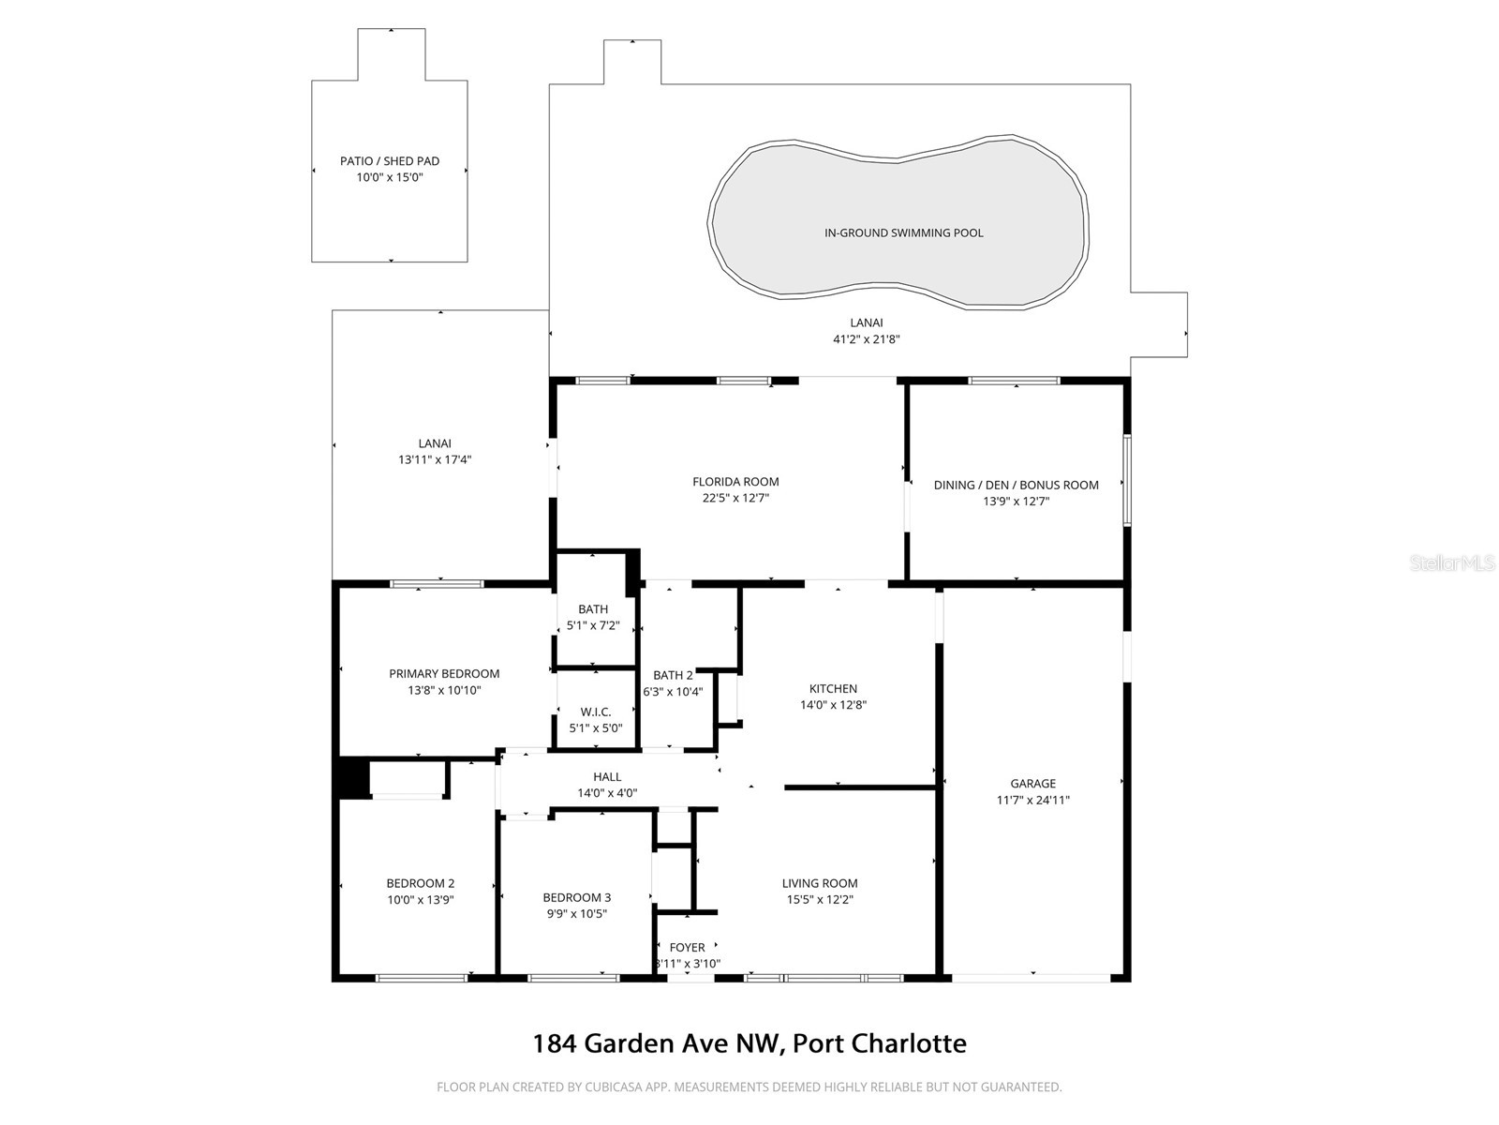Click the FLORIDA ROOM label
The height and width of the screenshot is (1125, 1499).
pyautogui.click(x=735, y=482)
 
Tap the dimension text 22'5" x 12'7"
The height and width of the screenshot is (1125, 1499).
pyautogui.click(x=735, y=499)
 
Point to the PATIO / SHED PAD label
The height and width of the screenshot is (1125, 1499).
pyautogui.click(x=390, y=161)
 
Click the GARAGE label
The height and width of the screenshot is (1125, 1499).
pyautogui.click(x=1032, y=784)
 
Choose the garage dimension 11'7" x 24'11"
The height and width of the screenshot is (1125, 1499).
pyautogui.click(x=1032, y=801)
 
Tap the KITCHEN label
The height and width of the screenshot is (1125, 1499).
pyautogui.click(x=833, y=689)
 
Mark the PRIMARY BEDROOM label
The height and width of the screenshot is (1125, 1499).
pyautogui.click(x=444, y=674)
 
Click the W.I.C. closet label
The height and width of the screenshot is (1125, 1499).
pyautogui.click(x=596, y=712)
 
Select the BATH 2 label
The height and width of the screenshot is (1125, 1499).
pyautogui.click(x=673, y=675)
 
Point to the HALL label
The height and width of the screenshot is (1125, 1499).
pyautogui.click(x=607, y=777)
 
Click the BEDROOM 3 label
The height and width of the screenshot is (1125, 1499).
pyautogui.click(x=576, y=898)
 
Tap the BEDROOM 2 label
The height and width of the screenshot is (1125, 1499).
pyautogui.click(x=421, y=883)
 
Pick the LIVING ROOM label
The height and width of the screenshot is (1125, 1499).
pyautogui.click(x=820, y=883)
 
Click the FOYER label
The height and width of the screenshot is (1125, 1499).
pyautogui.click(x=687, y=948)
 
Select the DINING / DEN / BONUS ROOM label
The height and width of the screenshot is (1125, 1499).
pyautogui.click(x=1016, y=486)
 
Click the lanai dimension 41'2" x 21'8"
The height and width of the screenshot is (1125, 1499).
pyautogui.click(x=867, y=339)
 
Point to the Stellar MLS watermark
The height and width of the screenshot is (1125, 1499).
pyautogui.click(x=1453, y=563)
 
